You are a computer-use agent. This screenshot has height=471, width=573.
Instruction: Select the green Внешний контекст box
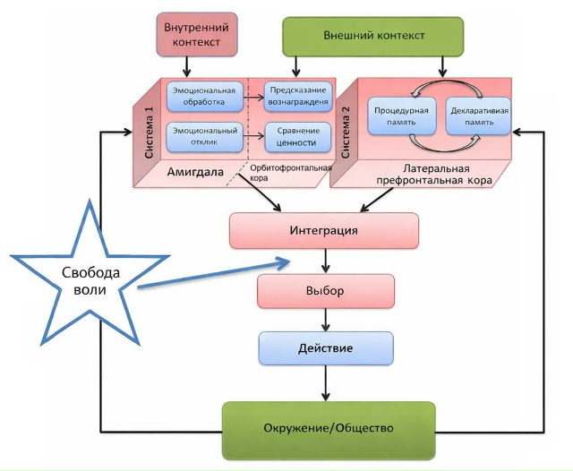click(372, 36)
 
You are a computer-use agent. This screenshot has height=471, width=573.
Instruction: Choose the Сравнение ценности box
click(297, 137)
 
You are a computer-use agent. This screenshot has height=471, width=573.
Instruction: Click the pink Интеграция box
click(324, 230)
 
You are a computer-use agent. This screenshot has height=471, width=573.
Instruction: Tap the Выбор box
click(325, 291)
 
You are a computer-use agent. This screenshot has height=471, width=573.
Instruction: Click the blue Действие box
click(325, 347)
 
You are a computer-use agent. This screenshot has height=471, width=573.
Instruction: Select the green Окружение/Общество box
click(329, 428)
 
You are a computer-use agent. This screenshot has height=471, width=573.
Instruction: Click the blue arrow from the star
click(215, 274)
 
